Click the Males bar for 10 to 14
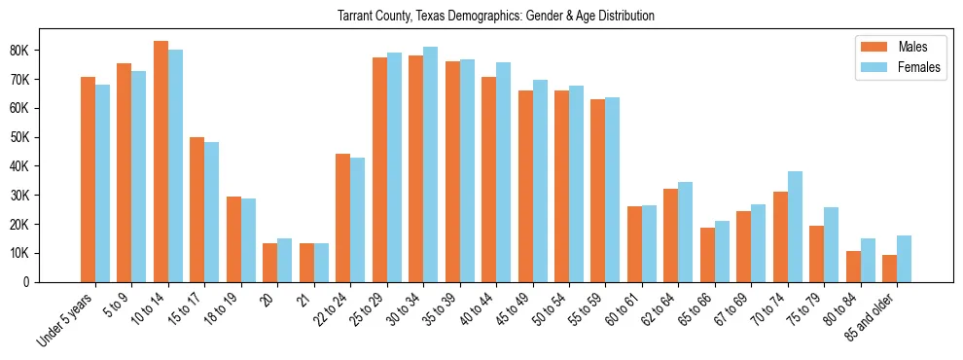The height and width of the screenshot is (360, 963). click(x=160, y=162)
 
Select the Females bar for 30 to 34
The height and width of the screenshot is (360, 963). click(x=430, y=164)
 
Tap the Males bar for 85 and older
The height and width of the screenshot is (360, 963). click(x=889, y=269)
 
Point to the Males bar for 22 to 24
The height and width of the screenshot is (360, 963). click(x=342, y=218)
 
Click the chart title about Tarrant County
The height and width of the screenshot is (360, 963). click(x=495, y=17)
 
